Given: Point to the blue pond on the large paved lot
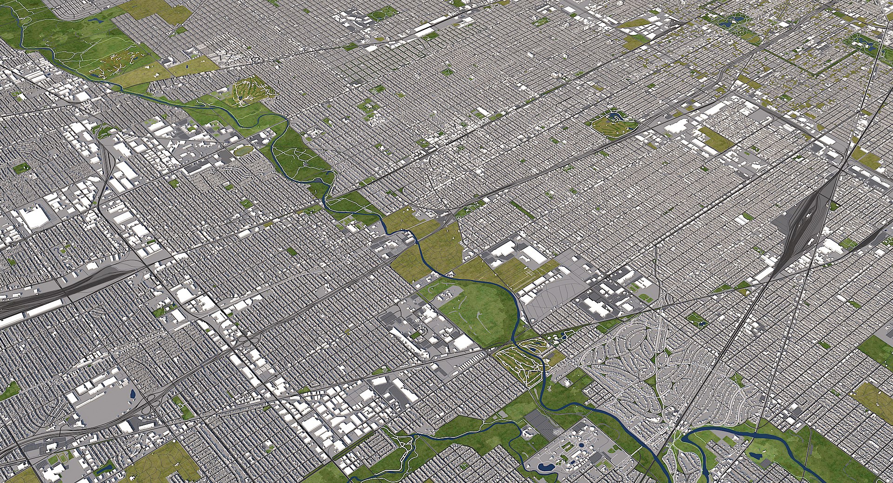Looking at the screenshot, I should (x=133, y=395).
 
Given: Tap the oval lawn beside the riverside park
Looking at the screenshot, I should (x=243, y=150).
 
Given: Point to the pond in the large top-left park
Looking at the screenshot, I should (x=98, y=20).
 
